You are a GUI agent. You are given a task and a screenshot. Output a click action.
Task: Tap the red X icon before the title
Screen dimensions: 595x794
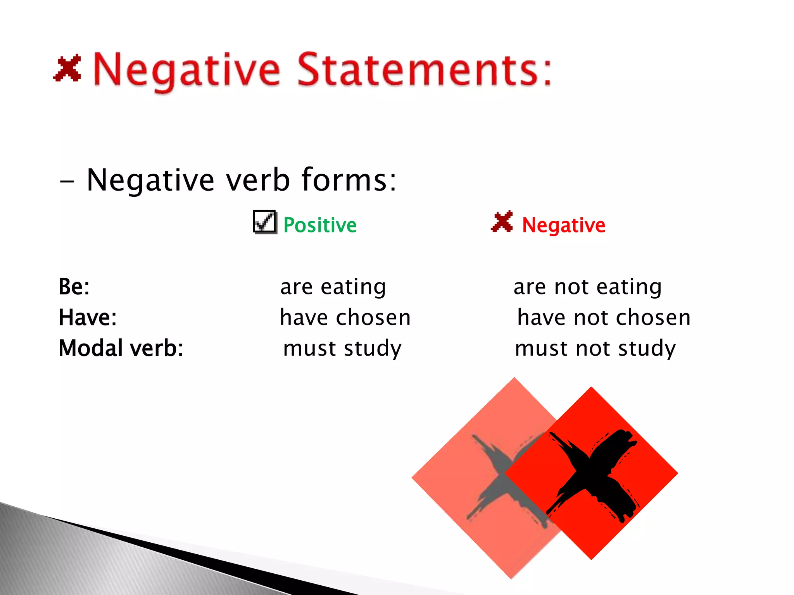67,68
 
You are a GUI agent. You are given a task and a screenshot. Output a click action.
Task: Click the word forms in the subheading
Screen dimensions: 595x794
349,180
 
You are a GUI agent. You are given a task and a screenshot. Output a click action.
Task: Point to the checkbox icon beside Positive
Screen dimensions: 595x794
265,222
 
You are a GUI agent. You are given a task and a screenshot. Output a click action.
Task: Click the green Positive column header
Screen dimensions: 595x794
320,225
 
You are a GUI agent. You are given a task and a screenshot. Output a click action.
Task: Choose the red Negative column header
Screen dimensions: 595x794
564,225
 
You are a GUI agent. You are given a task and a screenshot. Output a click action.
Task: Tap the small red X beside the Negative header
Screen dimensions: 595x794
502,222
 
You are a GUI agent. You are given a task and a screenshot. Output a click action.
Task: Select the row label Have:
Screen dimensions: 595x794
88,317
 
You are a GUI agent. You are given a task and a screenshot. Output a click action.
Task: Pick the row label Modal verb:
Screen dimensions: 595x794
121,348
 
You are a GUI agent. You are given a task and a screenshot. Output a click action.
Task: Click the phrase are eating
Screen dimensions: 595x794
333,287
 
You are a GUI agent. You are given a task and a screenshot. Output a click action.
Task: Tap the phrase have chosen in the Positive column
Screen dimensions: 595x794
345,317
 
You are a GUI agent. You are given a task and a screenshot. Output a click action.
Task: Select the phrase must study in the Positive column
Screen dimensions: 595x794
342,348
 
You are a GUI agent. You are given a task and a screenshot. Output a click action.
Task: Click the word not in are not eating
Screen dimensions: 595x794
571,287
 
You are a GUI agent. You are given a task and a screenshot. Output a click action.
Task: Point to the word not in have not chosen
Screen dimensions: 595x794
590,317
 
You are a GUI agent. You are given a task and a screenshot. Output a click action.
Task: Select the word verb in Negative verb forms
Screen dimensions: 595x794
258,180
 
